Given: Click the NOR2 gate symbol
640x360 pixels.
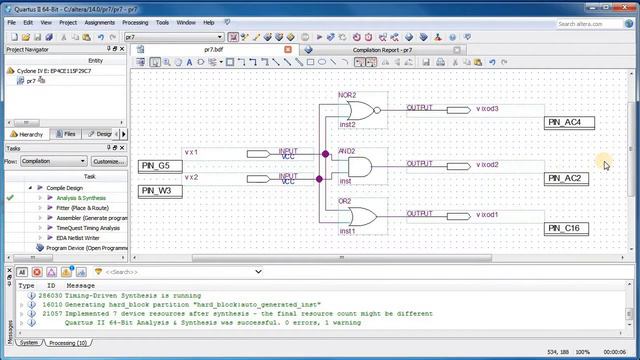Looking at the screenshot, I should tap(361, 111).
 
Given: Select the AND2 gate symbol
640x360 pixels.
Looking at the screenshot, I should tap(358, 166).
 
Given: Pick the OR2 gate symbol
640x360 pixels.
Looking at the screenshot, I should tap(362, 216).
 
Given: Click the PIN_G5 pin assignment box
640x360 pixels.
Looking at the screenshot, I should tap(161, 166).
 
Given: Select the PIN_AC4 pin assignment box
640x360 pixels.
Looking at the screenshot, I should tap(569, 123).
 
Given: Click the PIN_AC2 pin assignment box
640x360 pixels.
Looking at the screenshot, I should tap(569, 178).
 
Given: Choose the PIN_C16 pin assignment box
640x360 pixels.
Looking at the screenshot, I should tap(569, 229).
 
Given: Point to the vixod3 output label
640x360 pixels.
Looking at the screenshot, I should tap(488, 109).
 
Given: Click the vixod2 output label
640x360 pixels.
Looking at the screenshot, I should tap(488, 165).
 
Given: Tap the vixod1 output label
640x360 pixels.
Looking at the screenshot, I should tap(488, 215).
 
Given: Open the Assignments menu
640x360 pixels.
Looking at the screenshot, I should tap(99, 22).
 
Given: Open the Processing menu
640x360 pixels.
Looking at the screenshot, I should tap(135, 22).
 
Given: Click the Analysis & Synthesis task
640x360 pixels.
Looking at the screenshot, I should tap(81, 198).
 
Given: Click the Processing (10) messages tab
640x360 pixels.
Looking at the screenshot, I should tap(68, 342).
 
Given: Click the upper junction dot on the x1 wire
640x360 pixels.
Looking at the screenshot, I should tap(326, 154).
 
